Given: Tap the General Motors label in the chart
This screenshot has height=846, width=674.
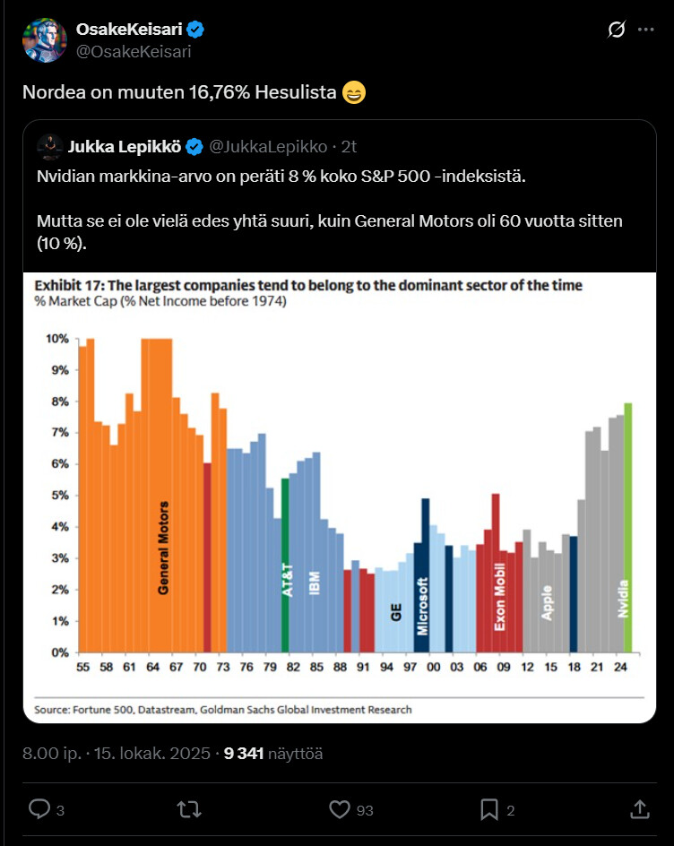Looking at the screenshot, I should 163,548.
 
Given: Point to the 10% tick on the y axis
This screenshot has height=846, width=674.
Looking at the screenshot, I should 56,339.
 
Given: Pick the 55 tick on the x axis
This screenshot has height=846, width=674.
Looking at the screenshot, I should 82,668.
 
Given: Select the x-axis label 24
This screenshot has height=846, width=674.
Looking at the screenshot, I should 619,668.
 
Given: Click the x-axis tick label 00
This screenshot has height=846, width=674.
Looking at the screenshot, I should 434,668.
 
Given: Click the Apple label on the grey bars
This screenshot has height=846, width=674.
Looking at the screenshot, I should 547,602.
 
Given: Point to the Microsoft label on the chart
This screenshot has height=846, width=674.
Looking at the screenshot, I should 422,606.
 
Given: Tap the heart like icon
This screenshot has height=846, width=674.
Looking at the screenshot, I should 339,809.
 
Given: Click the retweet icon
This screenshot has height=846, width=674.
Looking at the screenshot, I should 189,809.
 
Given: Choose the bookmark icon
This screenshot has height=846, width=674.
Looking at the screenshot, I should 488,809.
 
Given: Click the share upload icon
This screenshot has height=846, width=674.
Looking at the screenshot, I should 639,809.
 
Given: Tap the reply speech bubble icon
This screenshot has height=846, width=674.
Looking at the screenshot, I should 39,809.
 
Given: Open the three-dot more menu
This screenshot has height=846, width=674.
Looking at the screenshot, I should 645,30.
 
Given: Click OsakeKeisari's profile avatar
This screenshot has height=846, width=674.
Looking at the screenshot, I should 45,40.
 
